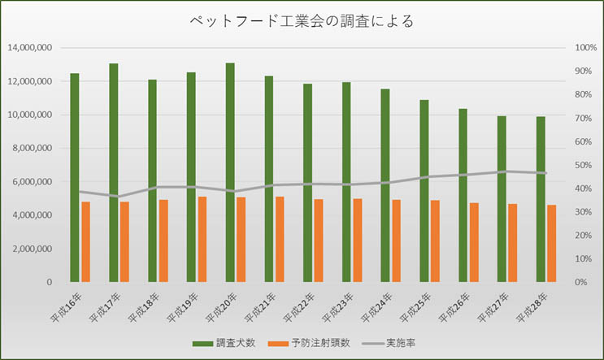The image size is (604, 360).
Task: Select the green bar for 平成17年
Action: [114, 172]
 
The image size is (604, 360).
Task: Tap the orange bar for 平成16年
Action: [85, 241]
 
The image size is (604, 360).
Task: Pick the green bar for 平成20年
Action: [230, 172]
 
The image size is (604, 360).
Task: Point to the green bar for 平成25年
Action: [424, 191]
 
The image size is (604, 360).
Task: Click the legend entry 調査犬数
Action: [228, 342]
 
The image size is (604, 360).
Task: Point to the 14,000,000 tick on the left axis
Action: [30, 48]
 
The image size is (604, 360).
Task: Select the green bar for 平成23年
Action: [346, 182]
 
